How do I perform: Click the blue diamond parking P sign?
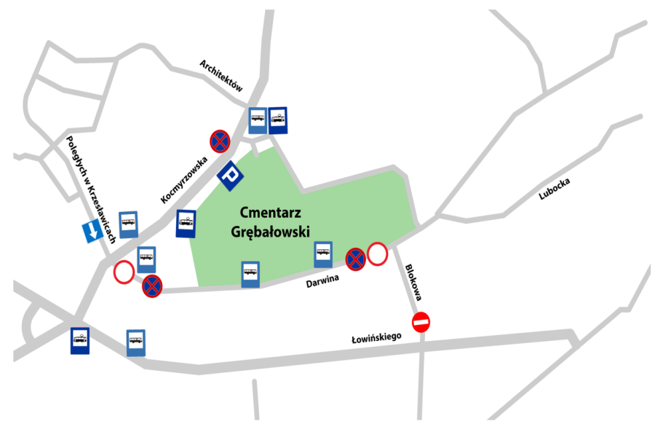click(x=230, y=176)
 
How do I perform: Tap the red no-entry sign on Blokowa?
click(x=421, y=322)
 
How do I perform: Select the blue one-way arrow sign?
click(x=92, y=231)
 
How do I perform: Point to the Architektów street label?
click(x=221, y=75)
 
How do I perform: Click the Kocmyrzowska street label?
click(x=184, y=180)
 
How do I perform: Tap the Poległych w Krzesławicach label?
click(x=90, y=189)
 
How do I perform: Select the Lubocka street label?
click(x=555, y=189)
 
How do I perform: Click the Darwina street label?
click(x=322, y=281)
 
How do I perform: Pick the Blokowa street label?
click(x=413, y=283)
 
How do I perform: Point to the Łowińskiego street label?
click(x=376, y=337)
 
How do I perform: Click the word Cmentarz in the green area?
click(x=270, y=213)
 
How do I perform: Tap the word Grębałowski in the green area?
click(x=270, y=232)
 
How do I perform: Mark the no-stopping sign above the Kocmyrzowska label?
click(x=220, y=141)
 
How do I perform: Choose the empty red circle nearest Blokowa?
click(x=377, y=254)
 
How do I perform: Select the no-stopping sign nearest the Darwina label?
click(x=355, y=259)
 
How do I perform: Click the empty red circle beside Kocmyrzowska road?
click(x=124, y=272)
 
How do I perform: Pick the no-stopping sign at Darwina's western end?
click(x=152, y=286)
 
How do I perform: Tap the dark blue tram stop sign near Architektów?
click(x=278, y=120)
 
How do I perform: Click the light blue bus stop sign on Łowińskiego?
click(x=136, y=343)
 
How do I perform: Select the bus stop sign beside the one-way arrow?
click(x=129, y=224)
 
